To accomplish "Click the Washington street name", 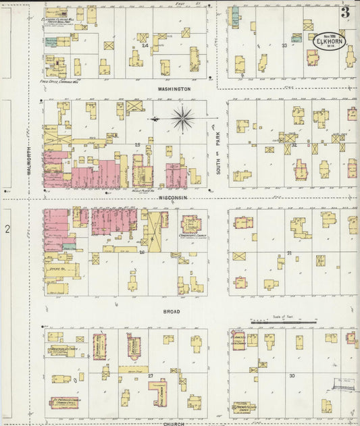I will pyautogui.click(x=175, y=89).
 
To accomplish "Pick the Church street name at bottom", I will pyautogui.click(x=174, y=423).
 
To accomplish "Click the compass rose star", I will pyautogui.click(x=182, y=119).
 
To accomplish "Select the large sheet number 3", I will pyautogui.click(x=345, y=11).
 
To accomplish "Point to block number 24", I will pyautogui.click(x=145, y=46).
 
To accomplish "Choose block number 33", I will pyautogui.click(x=284, y=46).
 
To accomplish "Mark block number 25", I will pyautogui.click(x=138, y=145).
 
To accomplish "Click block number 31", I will pyautogui.click(x=289, y=253).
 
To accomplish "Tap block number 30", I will pyautogui.click(x=292, y=375).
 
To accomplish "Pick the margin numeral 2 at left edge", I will pyautogui.click(x=7, y=230).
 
